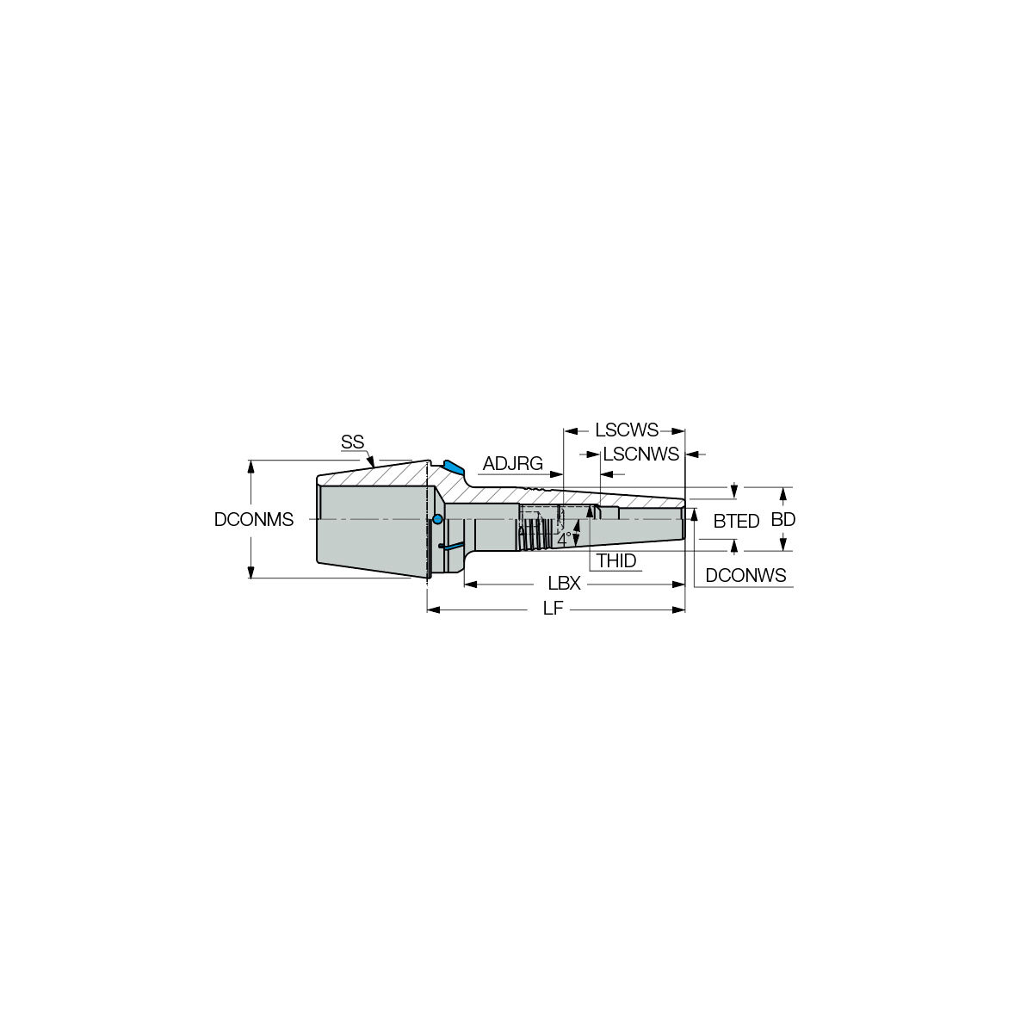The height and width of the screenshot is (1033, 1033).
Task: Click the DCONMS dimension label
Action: pyautogui.click(x=254, y=519)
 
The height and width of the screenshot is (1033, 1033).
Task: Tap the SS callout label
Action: pyautogui.click(x=352, y=442)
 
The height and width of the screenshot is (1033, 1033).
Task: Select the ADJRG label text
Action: pyautogui.click(x=513, y=464)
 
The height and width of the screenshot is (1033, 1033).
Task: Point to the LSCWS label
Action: pyautogui.click(x=626, y=430)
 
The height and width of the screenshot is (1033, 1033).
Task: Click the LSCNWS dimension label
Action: pyautogui.click(x=640, y=455)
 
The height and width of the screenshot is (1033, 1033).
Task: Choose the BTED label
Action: pyautogui.click(x=736, y=521)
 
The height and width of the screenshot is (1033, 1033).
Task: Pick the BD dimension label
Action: pyautogui.click(x=783, y=519)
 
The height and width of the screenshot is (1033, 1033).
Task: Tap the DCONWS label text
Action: pyautogui.click(x=745, y=575)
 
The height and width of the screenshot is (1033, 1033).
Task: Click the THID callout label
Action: pyautogui.click(x=616, y=561)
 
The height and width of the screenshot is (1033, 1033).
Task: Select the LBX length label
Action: pyautogui.click(x=564, y=584)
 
